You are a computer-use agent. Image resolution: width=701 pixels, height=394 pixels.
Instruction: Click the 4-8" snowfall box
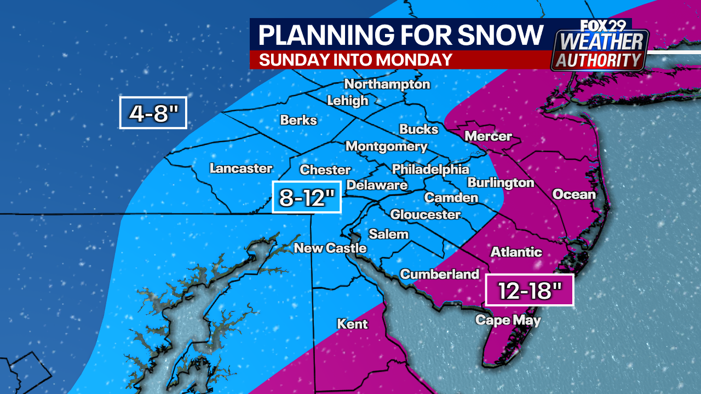point(153,113)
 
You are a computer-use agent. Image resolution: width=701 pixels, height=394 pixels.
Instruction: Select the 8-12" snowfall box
point(307,196)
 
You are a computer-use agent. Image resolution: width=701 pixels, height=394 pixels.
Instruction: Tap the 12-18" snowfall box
point(530,290)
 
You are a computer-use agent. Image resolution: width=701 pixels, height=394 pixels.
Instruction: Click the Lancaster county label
point(241,169)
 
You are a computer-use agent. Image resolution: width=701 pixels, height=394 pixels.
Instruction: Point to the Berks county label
point(298,120)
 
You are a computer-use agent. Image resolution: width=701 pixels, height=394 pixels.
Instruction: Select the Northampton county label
point(387,84)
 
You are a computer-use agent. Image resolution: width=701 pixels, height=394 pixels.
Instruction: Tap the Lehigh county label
point(347,101)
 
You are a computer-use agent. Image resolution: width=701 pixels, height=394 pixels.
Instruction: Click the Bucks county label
point(419,129)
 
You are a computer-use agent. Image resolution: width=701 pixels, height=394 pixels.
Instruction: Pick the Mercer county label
point(488,136)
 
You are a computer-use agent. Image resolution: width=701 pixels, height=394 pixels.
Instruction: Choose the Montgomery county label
point(386,147)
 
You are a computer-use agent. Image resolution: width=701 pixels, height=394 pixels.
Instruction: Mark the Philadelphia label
point(430,169)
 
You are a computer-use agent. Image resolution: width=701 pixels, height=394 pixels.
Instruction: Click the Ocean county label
point(573,194)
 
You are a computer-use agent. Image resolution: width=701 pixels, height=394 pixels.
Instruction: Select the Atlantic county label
point(516,252)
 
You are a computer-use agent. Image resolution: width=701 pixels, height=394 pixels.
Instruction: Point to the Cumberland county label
point(440,274)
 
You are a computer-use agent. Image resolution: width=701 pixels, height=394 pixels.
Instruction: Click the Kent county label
point(352,324)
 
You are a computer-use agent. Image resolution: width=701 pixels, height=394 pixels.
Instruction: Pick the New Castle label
point(330,248)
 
